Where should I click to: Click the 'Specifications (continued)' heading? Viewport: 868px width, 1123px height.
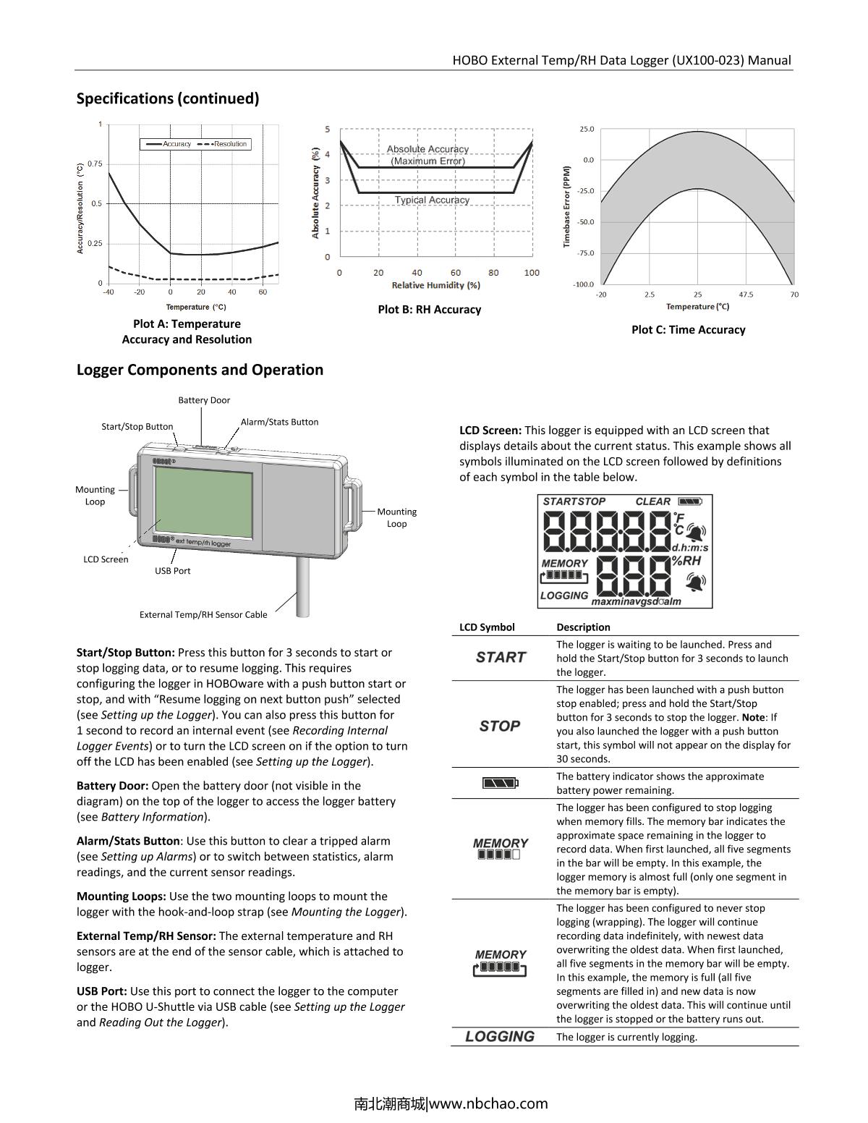168,98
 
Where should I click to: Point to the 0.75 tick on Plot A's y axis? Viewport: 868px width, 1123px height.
95,164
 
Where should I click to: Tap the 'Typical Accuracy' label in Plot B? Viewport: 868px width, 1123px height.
432,200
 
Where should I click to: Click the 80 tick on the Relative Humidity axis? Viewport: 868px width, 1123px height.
493,273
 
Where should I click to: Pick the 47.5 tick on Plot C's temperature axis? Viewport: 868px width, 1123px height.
746,294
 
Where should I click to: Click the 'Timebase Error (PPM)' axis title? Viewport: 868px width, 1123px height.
567,207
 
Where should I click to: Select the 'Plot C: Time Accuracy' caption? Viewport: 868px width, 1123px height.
688,330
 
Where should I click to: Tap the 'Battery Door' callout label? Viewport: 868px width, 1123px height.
204,400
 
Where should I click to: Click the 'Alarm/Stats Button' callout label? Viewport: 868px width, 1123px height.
279,422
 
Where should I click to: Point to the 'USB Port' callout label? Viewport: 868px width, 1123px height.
173,571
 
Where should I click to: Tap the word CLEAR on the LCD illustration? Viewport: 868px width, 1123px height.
653,501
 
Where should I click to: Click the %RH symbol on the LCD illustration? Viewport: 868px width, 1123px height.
686,560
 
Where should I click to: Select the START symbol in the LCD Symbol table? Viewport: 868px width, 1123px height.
501,658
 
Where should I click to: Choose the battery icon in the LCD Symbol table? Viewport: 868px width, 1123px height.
501,783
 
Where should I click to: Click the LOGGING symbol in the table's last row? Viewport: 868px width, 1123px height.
500,1036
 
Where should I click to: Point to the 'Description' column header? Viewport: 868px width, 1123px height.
583,627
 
